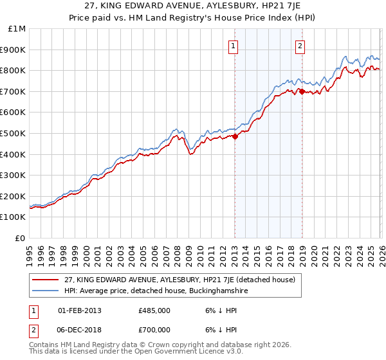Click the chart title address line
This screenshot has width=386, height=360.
click(x=193, y=7)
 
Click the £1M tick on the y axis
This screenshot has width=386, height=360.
click(x=17, y=29)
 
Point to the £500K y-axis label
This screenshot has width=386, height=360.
click(x=14, y=134)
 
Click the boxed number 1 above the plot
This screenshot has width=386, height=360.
click(x=232, y=46)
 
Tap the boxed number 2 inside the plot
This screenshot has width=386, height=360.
click(x=300, y=46)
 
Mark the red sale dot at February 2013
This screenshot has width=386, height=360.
click(x=235, y=136)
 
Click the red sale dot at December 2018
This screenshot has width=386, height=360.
click(x=301, y=91)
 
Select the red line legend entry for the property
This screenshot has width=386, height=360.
click(x=180, y=280)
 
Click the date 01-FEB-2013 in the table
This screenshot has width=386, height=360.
click(x=79, y=310)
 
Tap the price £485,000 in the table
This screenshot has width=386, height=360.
click(x=154, y=310)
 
